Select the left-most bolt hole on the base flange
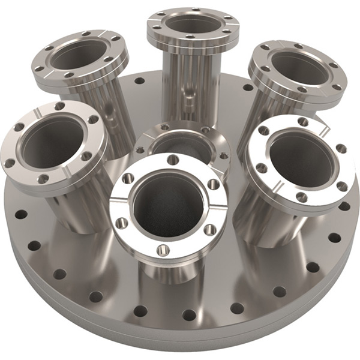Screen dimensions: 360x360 [x=20, y=214]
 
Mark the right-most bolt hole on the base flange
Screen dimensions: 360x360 [x=344, y=206]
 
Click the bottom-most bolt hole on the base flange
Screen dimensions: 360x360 [x=188, y=314]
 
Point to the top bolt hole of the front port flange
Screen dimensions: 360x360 [x=173, y=160]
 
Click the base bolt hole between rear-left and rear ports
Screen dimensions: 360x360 [x=140, y=80]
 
